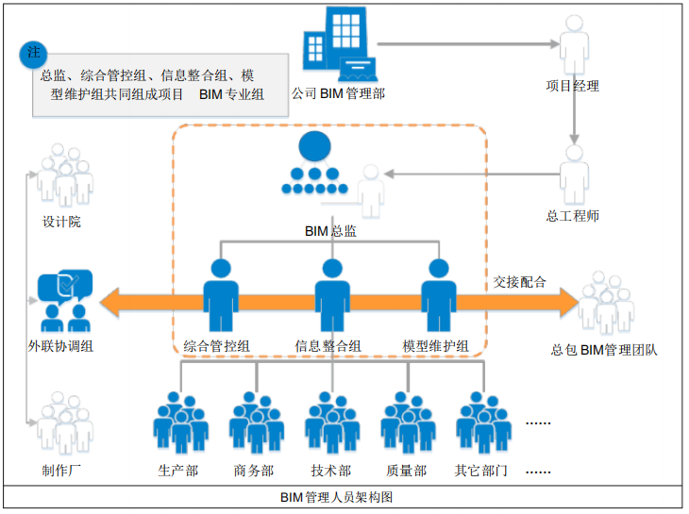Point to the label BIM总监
[x=330, y=230]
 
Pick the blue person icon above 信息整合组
[x=328, y=296]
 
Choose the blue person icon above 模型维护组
[x=436, y=296]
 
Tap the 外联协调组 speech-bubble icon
[x=64, y=299]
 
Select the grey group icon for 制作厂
[x=64, y=424]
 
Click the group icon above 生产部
[x=179, y=424]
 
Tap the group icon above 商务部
[x=255, y=424]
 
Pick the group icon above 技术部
[x=331, y=424]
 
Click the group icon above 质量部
[x=408, y=424]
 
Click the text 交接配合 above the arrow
[x=518, y=282]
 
